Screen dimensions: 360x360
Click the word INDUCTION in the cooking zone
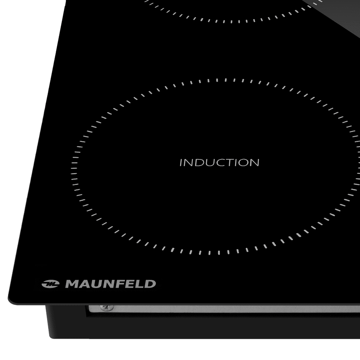pos(219,162)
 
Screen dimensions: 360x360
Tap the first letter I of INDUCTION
pos(181,162)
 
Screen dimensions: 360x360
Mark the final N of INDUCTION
pos(254,162)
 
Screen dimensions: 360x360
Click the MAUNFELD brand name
pos(110,284)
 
